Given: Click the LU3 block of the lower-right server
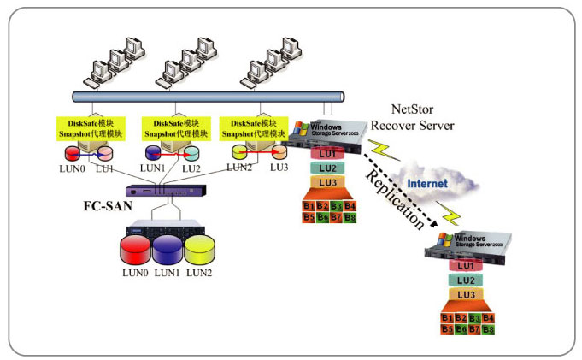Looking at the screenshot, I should click(x=466, y=295).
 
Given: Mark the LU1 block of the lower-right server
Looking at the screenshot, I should click(x=466, y=266).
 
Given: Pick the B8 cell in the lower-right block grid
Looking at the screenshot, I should click(x=488, y=329).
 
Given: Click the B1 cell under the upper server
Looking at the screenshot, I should click(x=309, y=206).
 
